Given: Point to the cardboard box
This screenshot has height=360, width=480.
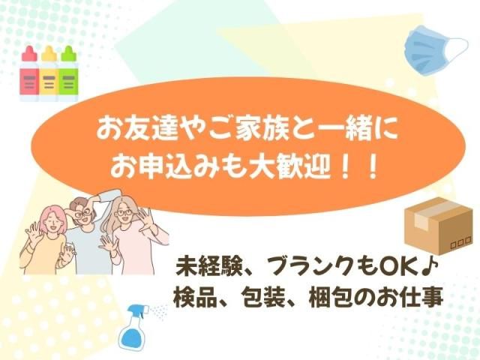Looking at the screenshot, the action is pyautogui.click(x=439, y=226).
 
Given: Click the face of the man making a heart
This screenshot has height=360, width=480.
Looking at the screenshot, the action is pyautogui.click(x=82, y=212).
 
